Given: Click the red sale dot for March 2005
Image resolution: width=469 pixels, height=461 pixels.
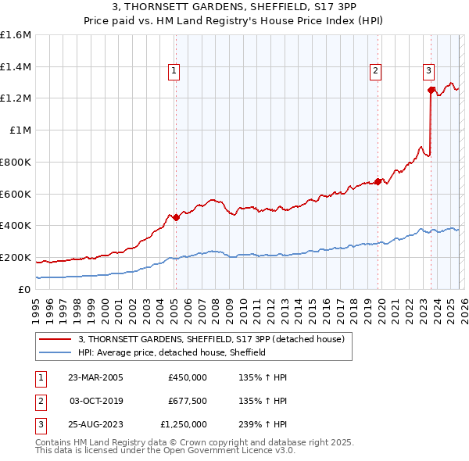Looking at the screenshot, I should coord(176,218).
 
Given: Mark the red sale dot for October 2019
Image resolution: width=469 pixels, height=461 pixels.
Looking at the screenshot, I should coord(378,181).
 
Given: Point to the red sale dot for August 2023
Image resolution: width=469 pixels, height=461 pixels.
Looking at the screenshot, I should coord(431,90).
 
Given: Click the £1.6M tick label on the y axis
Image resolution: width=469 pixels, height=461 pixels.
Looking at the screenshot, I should coord(16,35).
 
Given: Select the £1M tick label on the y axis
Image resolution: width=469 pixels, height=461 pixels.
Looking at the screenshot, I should coord(20,130).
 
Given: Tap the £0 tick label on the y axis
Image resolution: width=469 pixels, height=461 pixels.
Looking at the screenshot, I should coord(26,289).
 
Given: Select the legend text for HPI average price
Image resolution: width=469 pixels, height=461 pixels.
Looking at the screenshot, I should coord(173,352).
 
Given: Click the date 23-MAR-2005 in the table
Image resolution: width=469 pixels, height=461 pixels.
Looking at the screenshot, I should coord(95,377).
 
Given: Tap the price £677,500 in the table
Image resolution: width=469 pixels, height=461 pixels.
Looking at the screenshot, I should coord(187,401).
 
